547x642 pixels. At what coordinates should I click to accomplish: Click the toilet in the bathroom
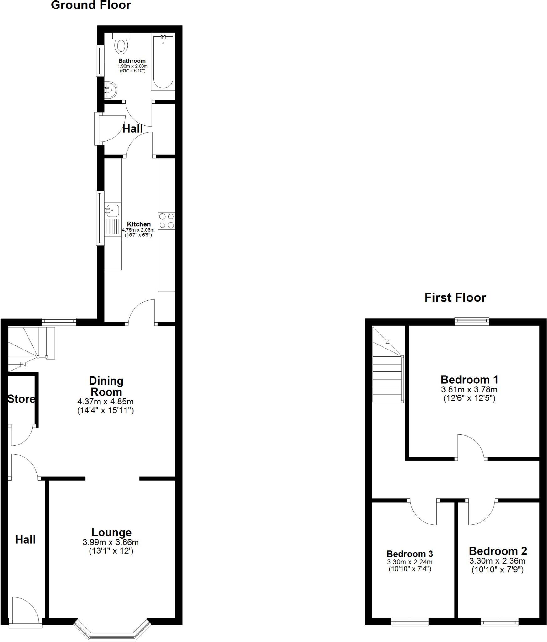click(x=121, y=45)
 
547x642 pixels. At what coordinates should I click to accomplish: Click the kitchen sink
click(x=112, y=210)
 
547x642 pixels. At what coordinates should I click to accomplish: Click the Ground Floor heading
click(x=91, y=5)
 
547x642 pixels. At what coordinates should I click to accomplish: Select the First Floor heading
click(x=455, y=297)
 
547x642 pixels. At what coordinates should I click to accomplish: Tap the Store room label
click(x=21, y=399)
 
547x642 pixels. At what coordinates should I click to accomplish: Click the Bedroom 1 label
click(x=469, y=380)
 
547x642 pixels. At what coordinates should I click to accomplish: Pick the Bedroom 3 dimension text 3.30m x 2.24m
click(x=410, y=562)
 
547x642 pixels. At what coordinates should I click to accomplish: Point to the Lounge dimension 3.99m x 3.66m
click(x=111, y=542)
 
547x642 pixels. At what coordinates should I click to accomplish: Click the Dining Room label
click(x=106, y=386)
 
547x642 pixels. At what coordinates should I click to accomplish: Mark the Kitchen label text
click(x=139, y=224)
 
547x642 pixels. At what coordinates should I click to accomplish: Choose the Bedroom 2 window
click(x=499, y=622)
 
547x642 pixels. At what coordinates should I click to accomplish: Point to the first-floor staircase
click(x=387, y=373)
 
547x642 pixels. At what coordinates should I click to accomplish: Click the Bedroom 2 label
click(x=498, y=551)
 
